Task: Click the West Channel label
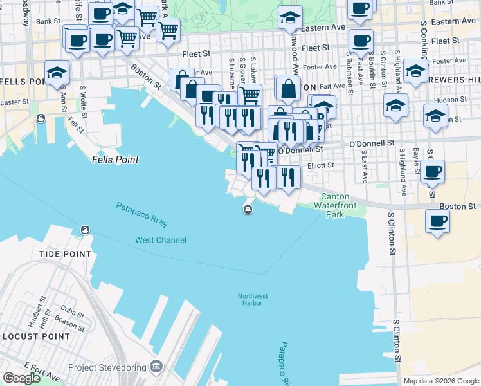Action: tap(161, 240)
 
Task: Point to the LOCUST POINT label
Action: tap(35, 336)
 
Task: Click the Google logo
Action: tap(21, 378)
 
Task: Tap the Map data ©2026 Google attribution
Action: tap(440, 381)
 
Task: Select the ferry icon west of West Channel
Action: tap(85, 230)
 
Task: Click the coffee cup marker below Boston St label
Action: tap(437, 221)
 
